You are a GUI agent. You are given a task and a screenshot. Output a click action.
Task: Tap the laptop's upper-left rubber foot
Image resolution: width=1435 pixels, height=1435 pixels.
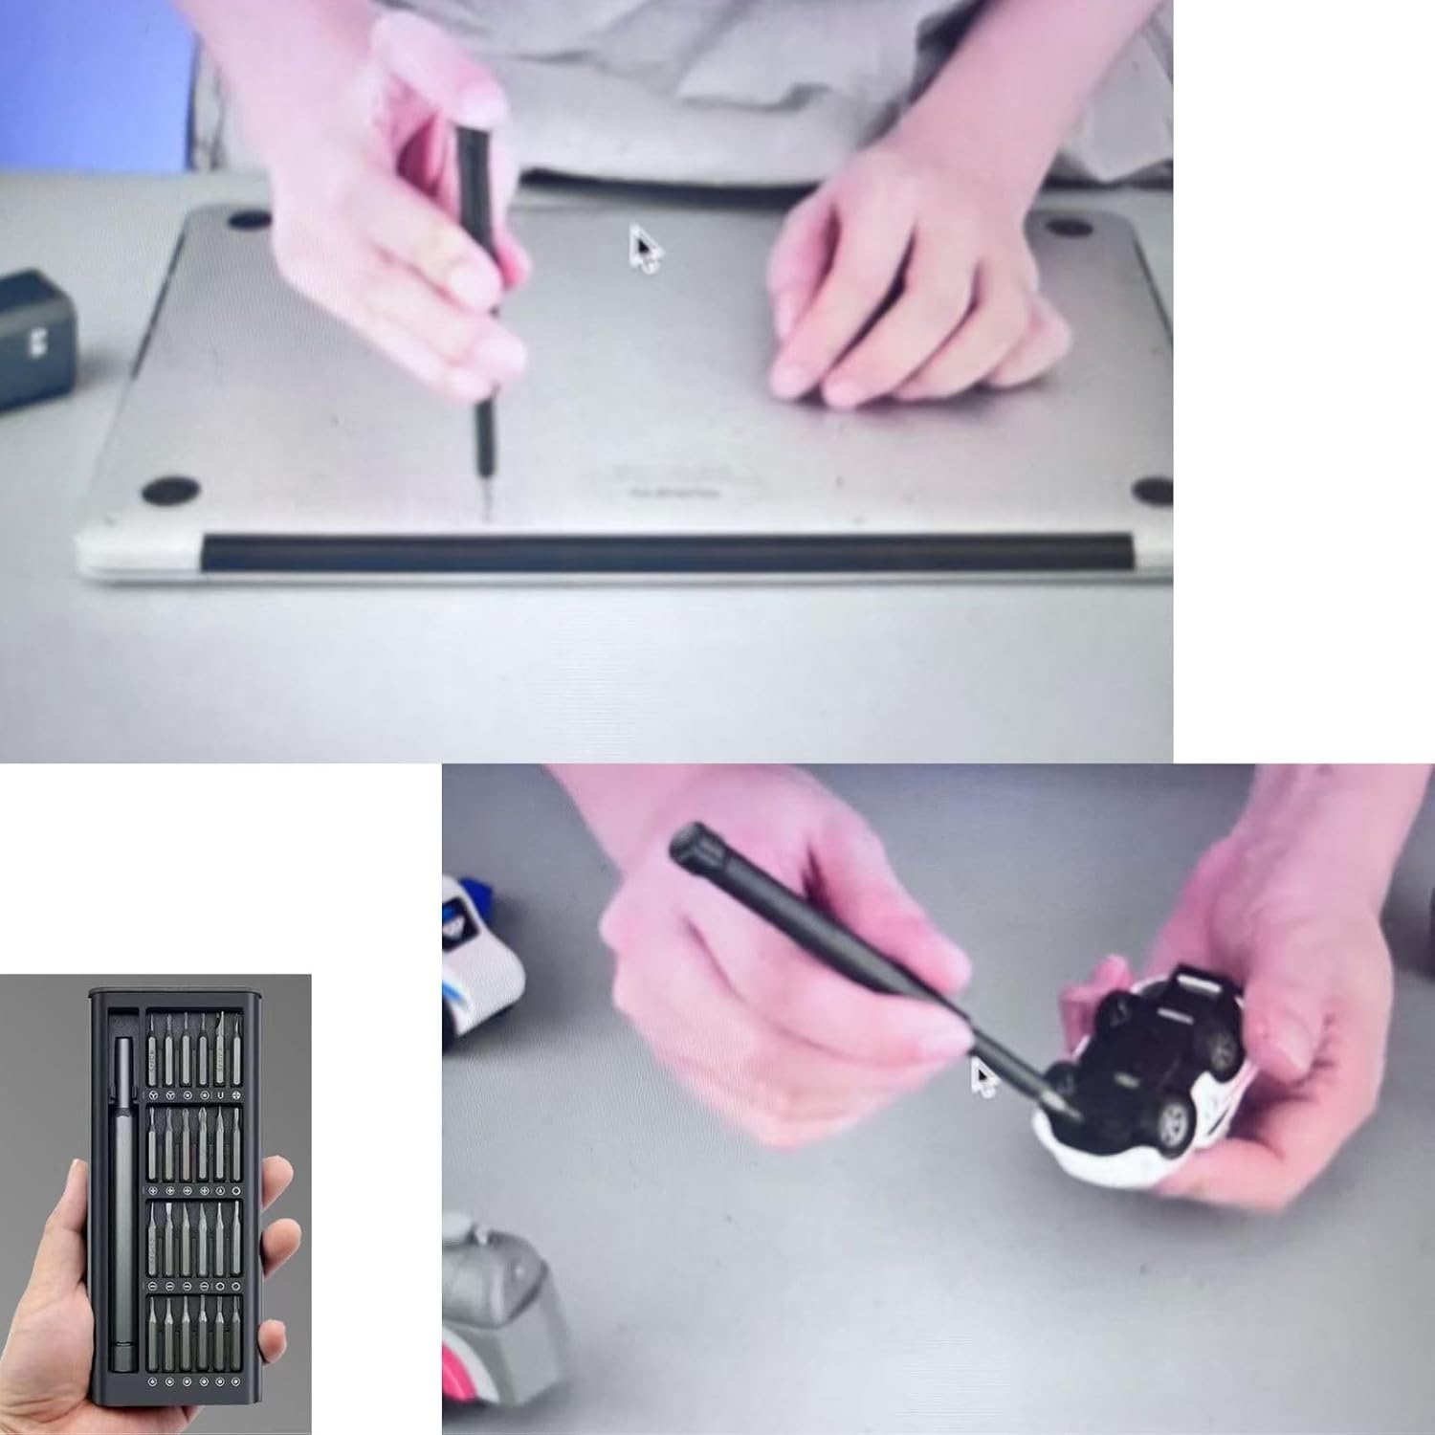[x=249, y=220]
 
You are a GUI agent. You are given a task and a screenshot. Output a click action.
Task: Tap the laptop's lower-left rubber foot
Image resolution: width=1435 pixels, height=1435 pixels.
[x=171, y=490]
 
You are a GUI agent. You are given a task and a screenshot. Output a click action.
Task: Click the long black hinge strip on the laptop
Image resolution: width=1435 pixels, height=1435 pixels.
[x=670, y=555]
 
